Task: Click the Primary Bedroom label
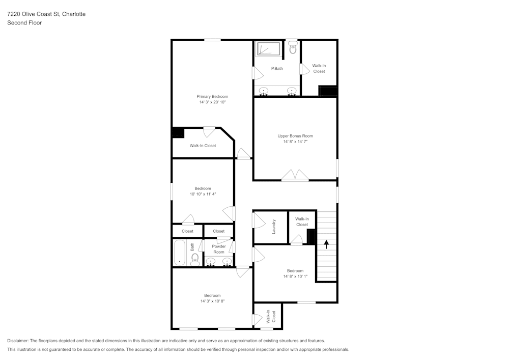(x=212, y=96)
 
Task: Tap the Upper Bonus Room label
(x=295, y=136)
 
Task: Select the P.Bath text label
(x=277, y=68)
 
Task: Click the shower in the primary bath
(x=268, y=49)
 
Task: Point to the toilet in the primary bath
(x=292, y=49)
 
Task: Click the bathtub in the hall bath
(x=180, y=253)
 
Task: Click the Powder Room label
(x=219, y=249)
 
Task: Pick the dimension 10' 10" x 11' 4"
(x=203, y=194)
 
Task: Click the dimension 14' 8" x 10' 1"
(x=295, y=276)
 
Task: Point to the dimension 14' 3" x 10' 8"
(x=212, y=301)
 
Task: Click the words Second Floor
(x=24, y=23)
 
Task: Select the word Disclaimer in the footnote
(x=18, y=341)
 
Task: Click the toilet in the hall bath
(x=194, y=260)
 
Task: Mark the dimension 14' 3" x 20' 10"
(x=212, y=102)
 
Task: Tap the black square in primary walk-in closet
(x=177, y=132)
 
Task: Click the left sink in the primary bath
(x=264, y=91)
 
